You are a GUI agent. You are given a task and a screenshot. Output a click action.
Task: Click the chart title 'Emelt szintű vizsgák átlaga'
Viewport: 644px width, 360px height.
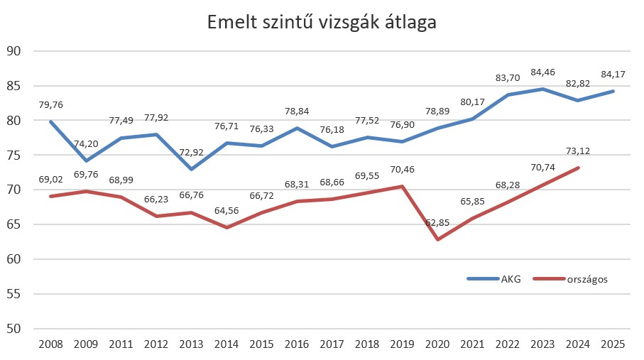322,22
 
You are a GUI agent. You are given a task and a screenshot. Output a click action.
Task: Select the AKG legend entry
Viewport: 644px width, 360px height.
511,278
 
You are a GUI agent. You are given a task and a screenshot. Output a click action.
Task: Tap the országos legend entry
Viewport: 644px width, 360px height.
587,278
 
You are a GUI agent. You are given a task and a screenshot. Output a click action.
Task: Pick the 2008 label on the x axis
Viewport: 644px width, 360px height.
52,344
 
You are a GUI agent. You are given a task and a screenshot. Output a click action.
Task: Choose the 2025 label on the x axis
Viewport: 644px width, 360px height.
613,344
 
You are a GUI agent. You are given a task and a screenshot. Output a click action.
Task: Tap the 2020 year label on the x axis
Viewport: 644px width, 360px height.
437,344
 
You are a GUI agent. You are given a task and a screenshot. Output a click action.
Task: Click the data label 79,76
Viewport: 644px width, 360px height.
52,104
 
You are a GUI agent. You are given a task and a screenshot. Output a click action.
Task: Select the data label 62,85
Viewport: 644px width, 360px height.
437,222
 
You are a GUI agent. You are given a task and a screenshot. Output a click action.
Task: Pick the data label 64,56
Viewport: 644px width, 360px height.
227,211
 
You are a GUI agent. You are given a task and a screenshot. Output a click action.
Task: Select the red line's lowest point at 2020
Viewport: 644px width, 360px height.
437,239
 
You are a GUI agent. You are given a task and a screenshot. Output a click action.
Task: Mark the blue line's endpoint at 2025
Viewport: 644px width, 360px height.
613,91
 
